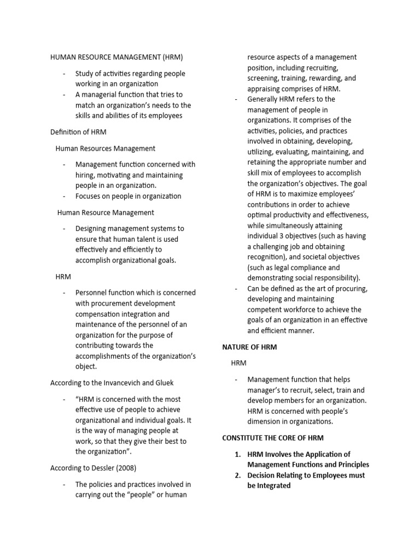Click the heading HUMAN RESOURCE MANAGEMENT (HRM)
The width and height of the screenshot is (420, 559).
[x=116, y=57]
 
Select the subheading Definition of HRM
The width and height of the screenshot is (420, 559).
[x=78, y=132]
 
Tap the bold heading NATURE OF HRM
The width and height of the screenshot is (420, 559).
[x=249, y=347]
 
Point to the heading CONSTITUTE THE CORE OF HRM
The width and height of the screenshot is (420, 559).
[x=273, y=438]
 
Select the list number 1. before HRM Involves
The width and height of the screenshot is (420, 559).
[x=238, y=454]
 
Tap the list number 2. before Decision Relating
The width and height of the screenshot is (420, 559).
[x=238, y=475]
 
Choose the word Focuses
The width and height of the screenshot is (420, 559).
[x=89, y=196]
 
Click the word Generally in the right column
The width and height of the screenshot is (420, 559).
[x=264, y=99]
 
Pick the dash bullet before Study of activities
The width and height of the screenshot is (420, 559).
[x=65, y=74]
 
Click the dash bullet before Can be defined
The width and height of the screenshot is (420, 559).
[x=236, y=288]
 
